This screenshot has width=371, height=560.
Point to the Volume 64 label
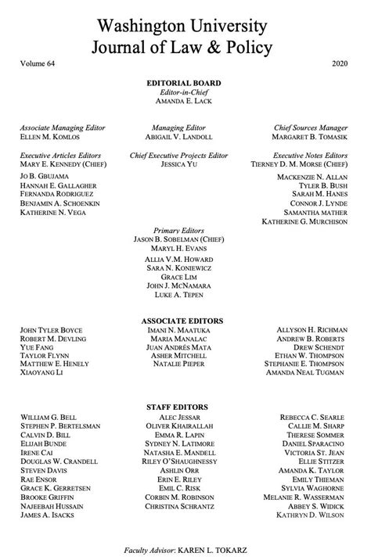(38, 63)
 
